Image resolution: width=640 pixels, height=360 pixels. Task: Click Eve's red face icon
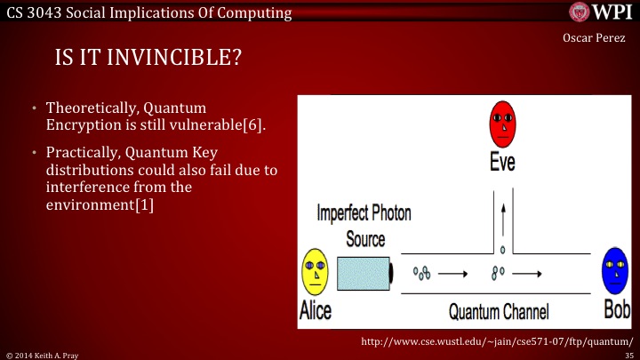tap(502, 124)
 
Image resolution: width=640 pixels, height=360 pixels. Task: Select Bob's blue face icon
tap(614, 270)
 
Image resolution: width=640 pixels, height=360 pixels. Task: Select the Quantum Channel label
tap(499, 312)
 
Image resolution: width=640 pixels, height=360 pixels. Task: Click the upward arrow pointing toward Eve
tap(504, 218)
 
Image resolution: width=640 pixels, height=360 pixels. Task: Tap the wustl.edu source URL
tap(497, 340)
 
